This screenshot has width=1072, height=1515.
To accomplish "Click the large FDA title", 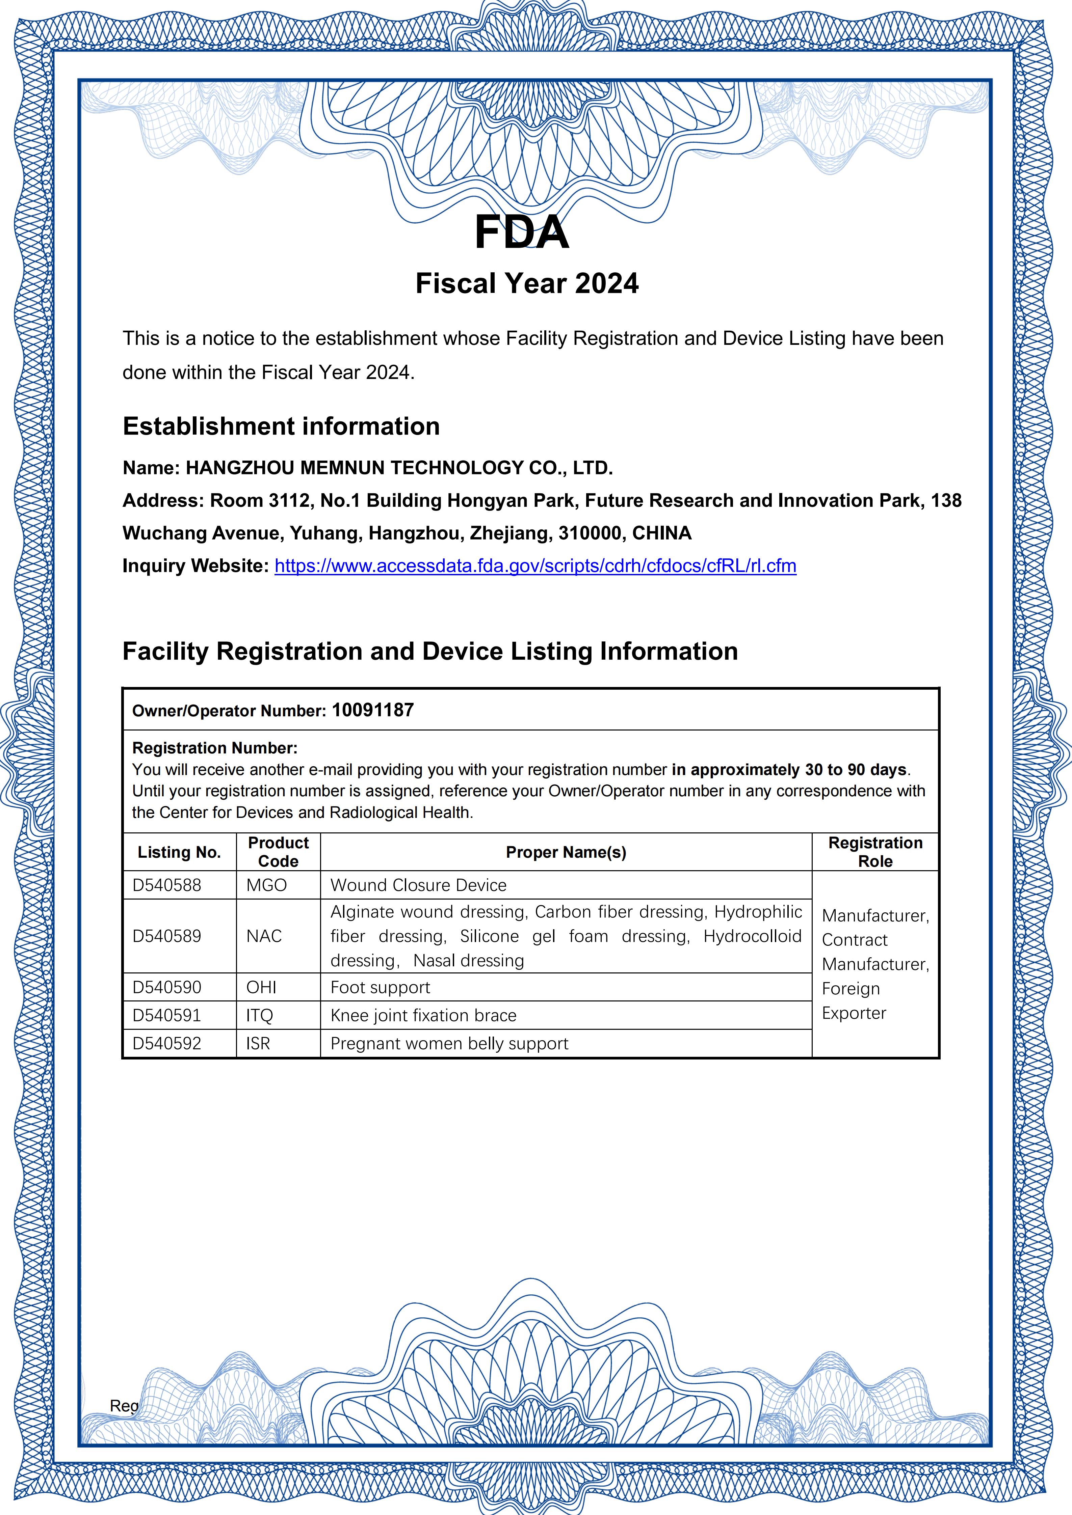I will (x=521, y=232).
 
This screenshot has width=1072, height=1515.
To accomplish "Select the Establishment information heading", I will (x=281, y=426).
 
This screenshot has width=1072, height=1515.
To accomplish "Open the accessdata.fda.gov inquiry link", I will (x=535, y=566).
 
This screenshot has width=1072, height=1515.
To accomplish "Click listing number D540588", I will (x=167, y=885).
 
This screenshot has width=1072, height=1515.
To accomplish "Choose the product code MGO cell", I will (x=267, y=885).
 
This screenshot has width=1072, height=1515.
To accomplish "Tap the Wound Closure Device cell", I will (x=419, y=885).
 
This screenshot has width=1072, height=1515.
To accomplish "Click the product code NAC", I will (x=264, y=936).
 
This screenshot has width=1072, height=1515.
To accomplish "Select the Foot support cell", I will (x=380, y=987).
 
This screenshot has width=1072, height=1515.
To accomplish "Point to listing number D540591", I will (x=167, y=1015).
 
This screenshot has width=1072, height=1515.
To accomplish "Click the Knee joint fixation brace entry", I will (x=423, y=1015).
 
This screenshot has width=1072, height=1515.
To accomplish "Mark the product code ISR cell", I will (x=258, y=1043).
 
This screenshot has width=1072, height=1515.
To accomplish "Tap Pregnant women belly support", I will (x=449, y=1043).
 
